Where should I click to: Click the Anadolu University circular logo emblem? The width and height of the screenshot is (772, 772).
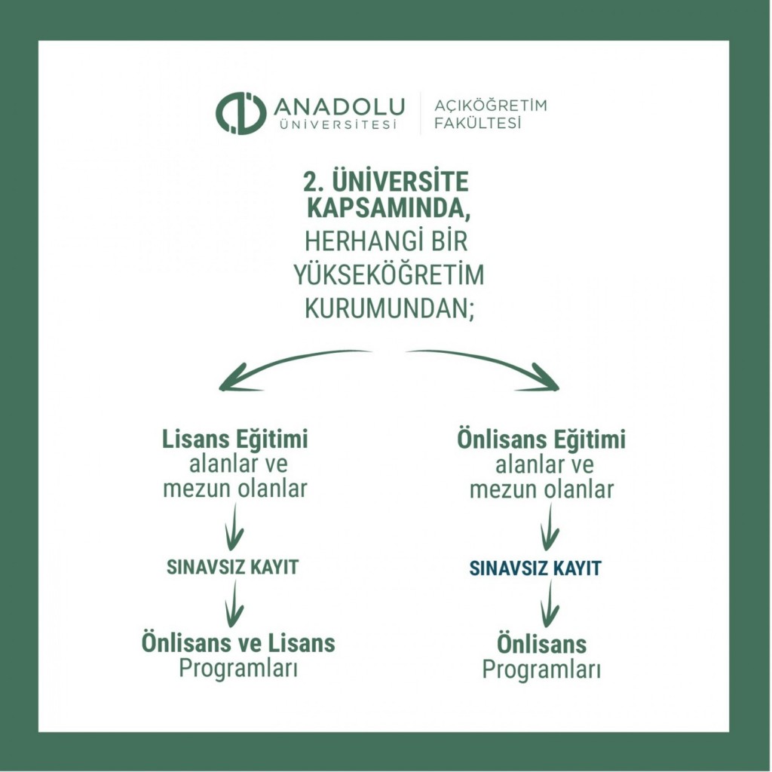(x=240, y=113)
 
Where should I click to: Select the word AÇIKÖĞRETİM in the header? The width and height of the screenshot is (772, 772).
(x=490, y=105)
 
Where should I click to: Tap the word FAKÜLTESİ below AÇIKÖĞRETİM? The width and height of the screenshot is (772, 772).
(x=478, y=124)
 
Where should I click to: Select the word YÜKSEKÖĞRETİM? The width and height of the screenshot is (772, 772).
(x=388, y=276)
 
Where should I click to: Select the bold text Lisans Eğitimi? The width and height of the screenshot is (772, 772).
(x=235, y=439)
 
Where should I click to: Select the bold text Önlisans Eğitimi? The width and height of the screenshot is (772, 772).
(x=541, y=440)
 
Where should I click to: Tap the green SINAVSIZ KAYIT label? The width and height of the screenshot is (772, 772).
(x=233, y=568)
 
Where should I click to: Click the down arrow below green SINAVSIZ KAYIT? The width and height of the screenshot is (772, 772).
(x=234, y=604)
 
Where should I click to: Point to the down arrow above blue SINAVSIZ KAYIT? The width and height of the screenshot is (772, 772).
(x=550, y=528)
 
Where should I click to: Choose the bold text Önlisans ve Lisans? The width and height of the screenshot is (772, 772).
(x=238, y=643)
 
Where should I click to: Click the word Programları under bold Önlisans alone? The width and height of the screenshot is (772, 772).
(x=541, y=669)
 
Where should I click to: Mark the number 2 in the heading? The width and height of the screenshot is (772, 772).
(x=308, y=182)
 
